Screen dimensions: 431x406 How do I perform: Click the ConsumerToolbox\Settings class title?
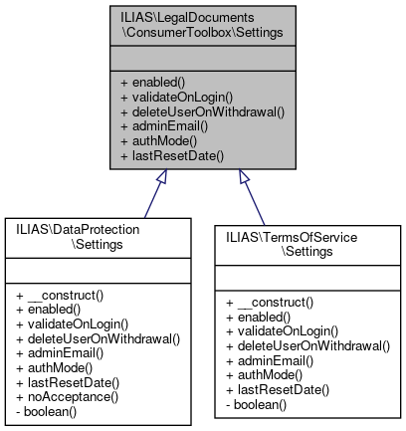coord(202,25)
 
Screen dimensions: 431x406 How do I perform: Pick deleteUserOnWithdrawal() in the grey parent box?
coord(202,112)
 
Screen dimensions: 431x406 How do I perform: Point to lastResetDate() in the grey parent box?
coord(170,155)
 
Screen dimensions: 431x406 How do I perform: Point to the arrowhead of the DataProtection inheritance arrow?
coord(159,177)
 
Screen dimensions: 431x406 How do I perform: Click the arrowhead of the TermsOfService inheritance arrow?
coord(244,177)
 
